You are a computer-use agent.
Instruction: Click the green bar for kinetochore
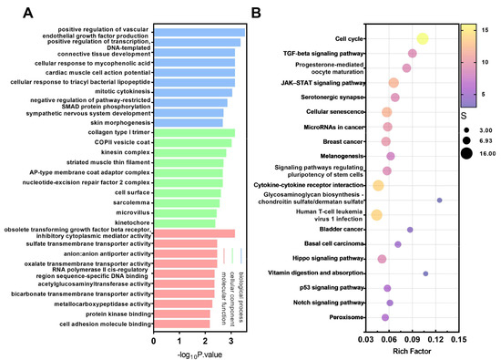point(183,221)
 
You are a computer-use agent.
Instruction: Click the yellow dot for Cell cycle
point(422,38)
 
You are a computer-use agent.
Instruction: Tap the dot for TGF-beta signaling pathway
point(412,54)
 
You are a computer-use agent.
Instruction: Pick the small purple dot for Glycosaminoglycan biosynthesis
point(439,200)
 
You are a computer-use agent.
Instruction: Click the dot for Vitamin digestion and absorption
point(425,273)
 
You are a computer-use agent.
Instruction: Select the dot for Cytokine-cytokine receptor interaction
point(378,185)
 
